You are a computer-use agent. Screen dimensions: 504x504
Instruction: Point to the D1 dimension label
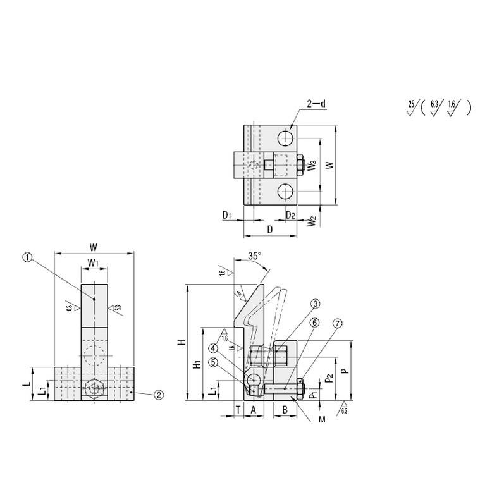tap(228, 216)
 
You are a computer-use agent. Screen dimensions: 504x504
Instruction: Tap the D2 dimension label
tap(290, 216)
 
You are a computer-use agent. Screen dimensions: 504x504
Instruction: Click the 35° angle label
tap(254, 256)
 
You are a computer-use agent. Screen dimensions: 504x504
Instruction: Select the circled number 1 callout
tap(27, 257)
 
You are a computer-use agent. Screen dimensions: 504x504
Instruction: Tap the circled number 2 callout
tap(159, 395)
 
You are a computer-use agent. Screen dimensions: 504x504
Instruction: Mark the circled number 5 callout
tap(214, 362)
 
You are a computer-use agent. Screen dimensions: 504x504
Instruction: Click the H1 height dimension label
tap(197, 364)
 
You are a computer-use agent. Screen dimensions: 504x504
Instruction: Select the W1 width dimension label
tap(93, 262)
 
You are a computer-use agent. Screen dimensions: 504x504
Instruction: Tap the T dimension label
tap(237, 410)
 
